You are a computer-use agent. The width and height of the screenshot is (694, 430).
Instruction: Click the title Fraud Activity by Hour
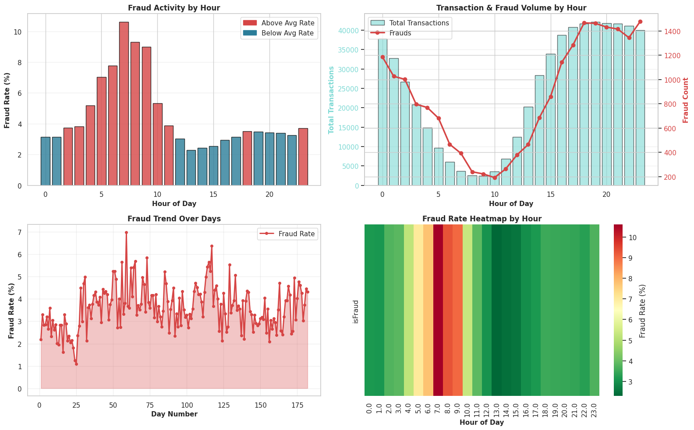[x=174, y=8]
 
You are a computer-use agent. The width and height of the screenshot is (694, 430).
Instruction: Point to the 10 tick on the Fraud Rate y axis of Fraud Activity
[x=20, y=32]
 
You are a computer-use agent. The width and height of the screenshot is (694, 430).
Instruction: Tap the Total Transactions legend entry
[x=409, y=23]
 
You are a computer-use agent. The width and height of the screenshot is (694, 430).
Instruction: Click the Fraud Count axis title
[x=686, y=100]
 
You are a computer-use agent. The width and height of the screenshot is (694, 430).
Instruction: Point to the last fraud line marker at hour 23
[x=640, y=21]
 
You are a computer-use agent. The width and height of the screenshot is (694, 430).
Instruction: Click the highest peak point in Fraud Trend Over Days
[x=126, y=233]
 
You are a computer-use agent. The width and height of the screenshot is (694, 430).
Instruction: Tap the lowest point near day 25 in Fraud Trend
[x=76, y=364]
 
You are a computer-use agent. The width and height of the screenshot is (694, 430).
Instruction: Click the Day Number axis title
[x=174, y=414]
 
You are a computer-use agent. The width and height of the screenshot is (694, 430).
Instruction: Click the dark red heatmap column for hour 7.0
[x=438, y=310]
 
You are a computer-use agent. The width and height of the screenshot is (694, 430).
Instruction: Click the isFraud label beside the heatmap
[x=356, y=311]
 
